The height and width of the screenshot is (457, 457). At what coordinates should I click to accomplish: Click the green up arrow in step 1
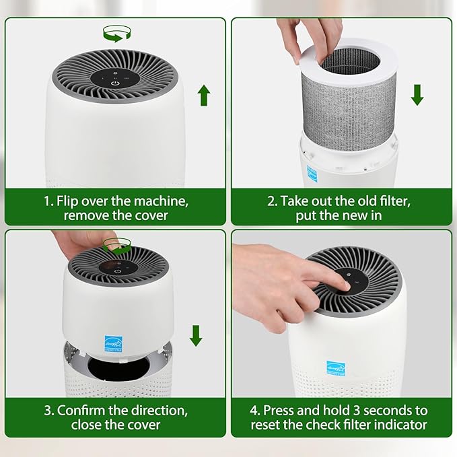pyautogui.click(x=203, y=96)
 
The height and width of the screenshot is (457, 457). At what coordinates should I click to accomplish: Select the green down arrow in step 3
pyautogui.click(x=196, y=335)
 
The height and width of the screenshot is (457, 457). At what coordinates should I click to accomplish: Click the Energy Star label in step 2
pyautogui.click(x=312, y=171)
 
